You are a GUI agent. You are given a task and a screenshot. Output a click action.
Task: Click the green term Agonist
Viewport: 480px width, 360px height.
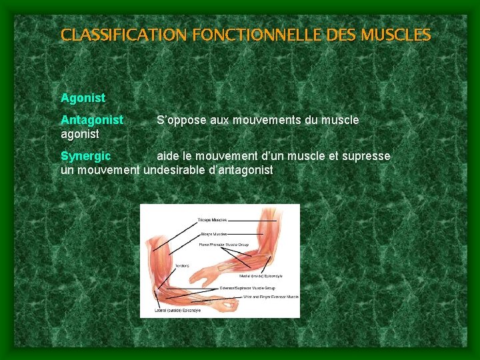click(83, 98)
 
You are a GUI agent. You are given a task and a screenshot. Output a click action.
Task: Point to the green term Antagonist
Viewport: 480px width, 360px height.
click(92, 120)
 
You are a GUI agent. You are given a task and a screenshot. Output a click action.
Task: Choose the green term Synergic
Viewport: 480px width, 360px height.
click(85, 156)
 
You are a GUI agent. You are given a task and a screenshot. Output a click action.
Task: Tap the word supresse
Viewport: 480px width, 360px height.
click(366, 156)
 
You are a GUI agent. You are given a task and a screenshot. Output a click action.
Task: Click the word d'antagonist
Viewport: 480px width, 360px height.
click(241, 170)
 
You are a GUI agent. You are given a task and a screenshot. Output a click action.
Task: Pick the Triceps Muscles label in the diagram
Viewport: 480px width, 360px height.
click(212, 220)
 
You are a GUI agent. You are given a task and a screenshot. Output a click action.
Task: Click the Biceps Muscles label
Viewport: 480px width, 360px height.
click(213, 234)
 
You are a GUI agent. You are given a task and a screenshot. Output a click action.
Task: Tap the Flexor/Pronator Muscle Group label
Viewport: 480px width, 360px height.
click(224, 245)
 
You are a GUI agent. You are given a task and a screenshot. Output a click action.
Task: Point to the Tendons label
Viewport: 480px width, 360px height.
click(181, 265)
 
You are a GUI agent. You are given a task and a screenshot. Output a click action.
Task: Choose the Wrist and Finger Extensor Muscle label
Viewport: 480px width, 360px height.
click(271, 297)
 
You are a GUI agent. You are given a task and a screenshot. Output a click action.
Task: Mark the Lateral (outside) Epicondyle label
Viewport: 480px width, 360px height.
click(177, 311)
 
